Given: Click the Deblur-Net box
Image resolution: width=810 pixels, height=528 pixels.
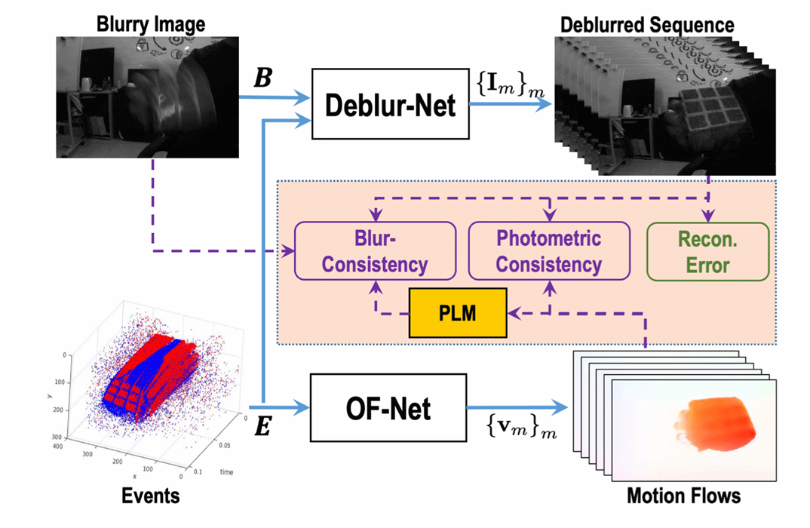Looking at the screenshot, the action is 390,104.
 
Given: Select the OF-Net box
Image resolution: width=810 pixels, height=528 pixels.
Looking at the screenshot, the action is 388,407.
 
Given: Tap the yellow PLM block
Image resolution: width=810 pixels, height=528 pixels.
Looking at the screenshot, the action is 458,313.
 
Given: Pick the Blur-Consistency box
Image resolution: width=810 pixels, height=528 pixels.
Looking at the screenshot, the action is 375,251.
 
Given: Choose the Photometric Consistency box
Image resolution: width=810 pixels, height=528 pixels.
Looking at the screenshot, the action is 548,251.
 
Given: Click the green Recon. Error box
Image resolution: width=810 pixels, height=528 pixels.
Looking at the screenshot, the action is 707,252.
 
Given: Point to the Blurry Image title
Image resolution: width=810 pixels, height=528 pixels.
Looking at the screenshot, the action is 150,24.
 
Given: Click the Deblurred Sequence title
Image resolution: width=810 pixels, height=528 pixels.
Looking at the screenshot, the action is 647,25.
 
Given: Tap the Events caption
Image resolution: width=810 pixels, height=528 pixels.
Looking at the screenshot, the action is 150,496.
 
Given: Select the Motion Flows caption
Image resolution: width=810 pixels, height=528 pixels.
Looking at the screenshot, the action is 683,496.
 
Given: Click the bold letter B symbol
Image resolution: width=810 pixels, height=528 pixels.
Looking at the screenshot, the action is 263,78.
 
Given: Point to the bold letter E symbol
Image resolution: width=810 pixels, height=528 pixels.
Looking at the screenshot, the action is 263,427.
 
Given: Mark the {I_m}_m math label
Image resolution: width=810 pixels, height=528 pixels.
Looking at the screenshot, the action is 511,84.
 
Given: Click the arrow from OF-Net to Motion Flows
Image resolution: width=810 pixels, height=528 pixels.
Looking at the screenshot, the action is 517,407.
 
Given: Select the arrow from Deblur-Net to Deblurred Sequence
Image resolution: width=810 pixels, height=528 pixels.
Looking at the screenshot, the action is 511,104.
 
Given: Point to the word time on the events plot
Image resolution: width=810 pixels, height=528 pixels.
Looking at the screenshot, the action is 226,471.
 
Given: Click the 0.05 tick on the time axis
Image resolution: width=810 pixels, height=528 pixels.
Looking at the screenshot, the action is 224,445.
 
